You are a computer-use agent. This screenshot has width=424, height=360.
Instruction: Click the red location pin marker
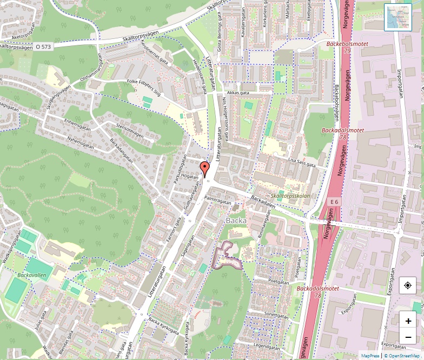[204, 169]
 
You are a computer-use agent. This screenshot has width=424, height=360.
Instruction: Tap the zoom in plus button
[408, 321]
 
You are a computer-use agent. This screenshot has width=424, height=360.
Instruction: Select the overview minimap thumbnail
[398, 17]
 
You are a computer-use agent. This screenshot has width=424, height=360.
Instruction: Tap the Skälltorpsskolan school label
[290, 196]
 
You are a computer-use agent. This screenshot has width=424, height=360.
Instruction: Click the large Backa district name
[236, 221]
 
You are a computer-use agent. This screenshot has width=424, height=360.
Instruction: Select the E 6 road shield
[335, 202]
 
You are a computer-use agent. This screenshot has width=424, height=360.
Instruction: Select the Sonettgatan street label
[277, 316]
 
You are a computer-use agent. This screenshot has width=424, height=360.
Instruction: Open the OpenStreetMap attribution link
[402, 356]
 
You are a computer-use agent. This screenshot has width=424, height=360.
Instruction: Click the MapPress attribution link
[370, 356]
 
